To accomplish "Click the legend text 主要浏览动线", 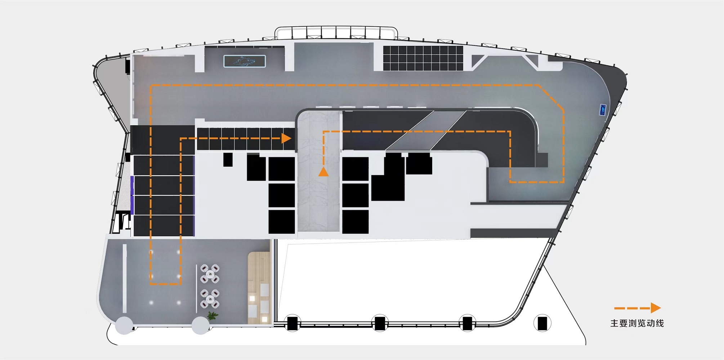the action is (637, 323).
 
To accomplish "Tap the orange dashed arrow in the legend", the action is (637, 308).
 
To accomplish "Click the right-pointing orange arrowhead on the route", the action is (286, 138).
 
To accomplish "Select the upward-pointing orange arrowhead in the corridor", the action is (323, 171).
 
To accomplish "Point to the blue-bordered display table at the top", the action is (245, 61).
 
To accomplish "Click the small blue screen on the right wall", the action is (603, 109).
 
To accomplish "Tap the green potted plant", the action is (213, 316).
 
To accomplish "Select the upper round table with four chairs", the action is (210, 274).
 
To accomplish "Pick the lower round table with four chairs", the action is (210, 299).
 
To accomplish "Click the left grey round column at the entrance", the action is (124, 325).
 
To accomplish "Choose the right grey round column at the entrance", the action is (201, 325).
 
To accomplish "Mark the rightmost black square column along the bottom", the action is (542, 323).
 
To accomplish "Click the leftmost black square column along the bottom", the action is (292, 323).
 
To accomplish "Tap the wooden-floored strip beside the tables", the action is (259, 288).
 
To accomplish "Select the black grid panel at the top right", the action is (423, 58).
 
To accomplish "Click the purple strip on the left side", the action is (132, 195).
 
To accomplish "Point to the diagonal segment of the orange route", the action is (551, 96).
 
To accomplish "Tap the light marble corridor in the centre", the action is (319, 171).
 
